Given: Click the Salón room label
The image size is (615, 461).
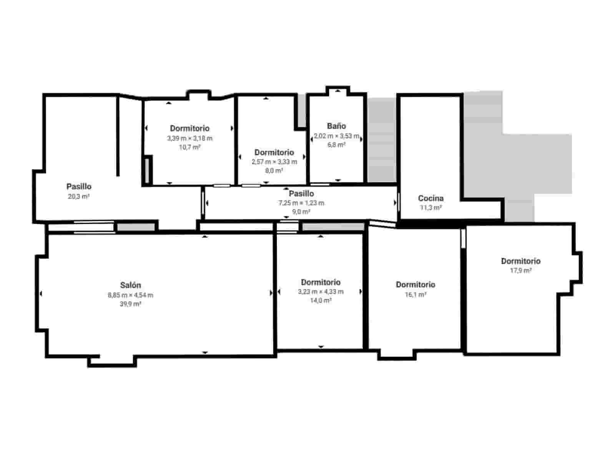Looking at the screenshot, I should (130, 285).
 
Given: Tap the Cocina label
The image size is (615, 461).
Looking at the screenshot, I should (430, 198).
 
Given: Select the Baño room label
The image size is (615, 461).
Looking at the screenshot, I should (336, 126).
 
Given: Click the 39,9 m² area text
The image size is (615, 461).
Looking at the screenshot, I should (130, 304).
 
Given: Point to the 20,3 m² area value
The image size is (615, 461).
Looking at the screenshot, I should (78, 196).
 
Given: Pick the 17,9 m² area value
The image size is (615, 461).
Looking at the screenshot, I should (520, 271).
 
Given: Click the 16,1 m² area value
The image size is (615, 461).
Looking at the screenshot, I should (416, 295).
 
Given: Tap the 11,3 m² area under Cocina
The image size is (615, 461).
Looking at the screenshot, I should (430, 208).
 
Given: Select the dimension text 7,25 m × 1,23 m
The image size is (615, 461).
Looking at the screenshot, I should (301, 203).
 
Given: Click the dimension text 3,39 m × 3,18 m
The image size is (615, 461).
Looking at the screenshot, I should (189, 138).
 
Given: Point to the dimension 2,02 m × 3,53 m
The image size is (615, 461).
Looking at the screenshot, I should (336, 136).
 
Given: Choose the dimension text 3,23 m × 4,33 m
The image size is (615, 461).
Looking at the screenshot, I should (321, 292).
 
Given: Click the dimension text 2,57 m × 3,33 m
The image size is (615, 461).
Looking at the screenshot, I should (274, 162).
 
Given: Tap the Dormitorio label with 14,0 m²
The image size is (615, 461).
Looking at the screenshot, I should (321, 283).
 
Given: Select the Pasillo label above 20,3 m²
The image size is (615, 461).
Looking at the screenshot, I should (79, 187).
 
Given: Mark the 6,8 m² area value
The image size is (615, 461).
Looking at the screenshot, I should (336, 145).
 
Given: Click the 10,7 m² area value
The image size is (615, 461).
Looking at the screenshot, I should (189, 147).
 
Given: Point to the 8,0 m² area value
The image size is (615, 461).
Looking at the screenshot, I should (274, 171).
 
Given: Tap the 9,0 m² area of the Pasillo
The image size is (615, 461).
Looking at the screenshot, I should (301, 212).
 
